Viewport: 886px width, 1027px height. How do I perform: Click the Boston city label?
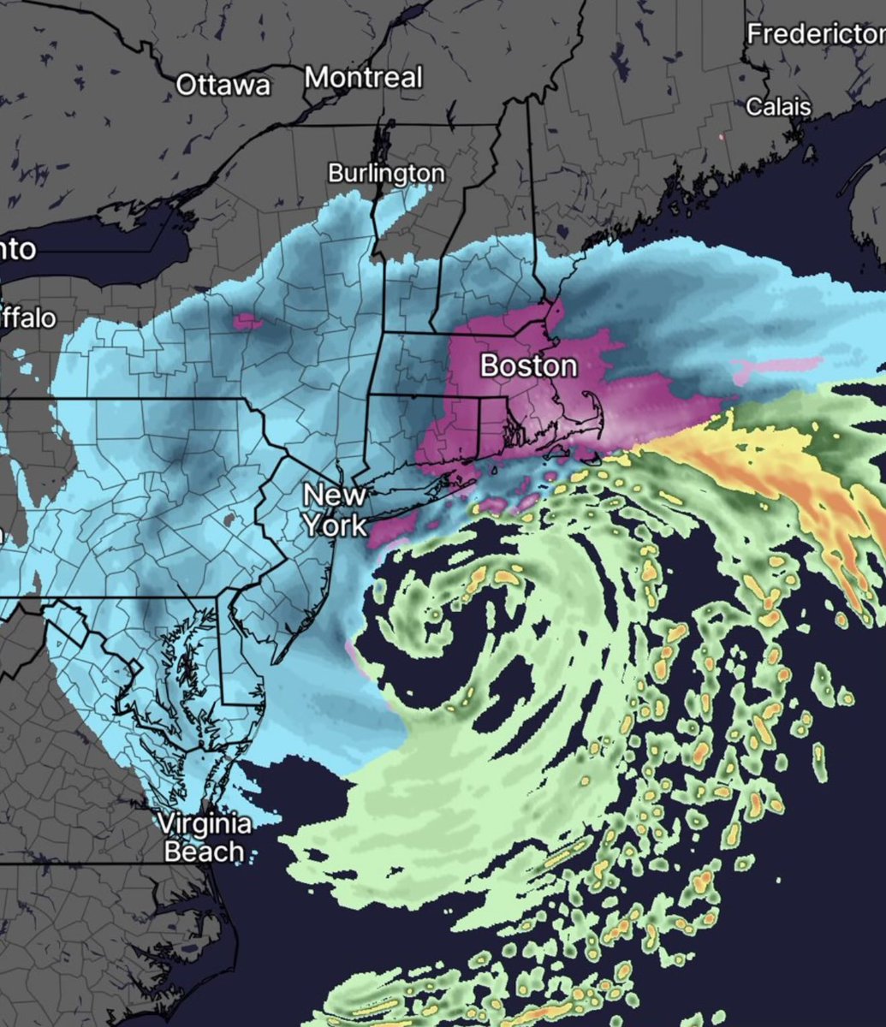click(528, 365)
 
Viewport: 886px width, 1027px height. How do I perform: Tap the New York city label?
click(335, 510)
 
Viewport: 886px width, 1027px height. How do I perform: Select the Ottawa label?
click(223, 85)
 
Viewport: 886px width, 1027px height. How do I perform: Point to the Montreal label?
click(364, 78)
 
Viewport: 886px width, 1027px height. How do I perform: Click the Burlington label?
click(387, 174)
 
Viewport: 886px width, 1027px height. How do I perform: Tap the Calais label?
click(778, 107)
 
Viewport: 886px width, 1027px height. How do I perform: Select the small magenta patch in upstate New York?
click(247, 321)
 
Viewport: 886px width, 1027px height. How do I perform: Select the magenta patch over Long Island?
click(395, 525)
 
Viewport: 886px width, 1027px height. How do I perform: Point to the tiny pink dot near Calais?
click(722, 136)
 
